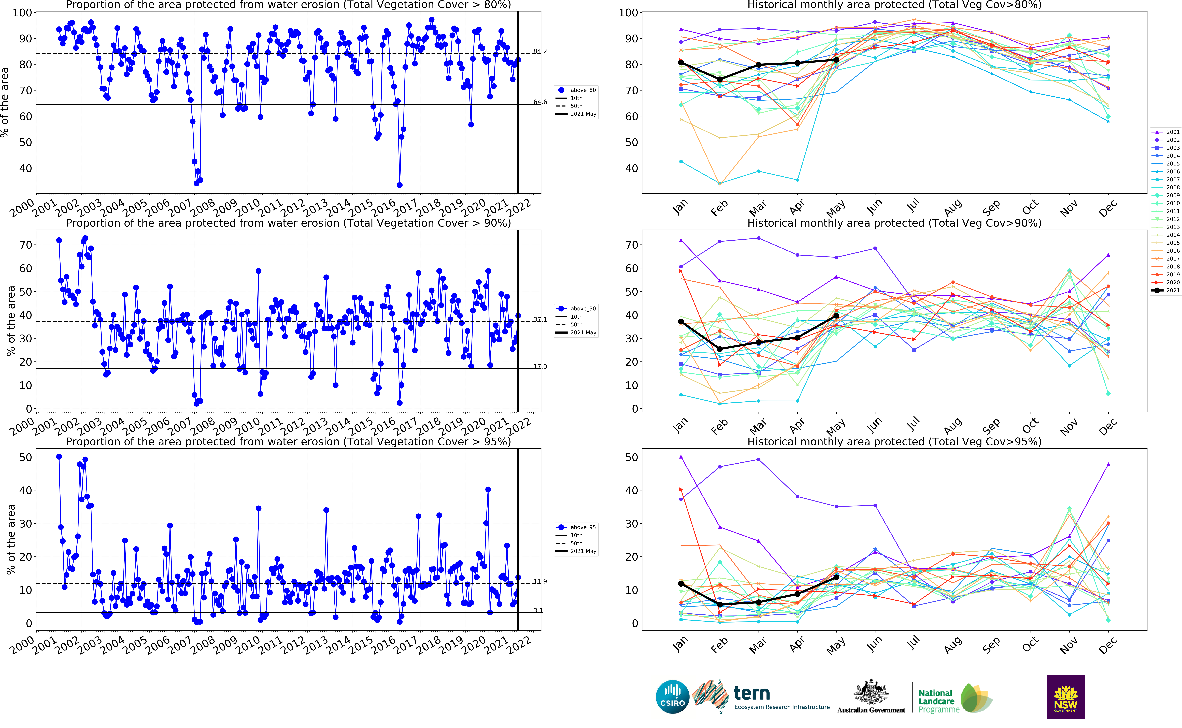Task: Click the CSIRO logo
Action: [672, 697]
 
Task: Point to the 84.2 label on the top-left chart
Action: [540, 51]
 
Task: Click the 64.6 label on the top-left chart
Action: [540, 102]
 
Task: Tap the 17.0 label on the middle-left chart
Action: [540, 366]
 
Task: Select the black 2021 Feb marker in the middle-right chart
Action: [720, 349]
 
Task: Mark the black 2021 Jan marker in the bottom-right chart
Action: [681, 584]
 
